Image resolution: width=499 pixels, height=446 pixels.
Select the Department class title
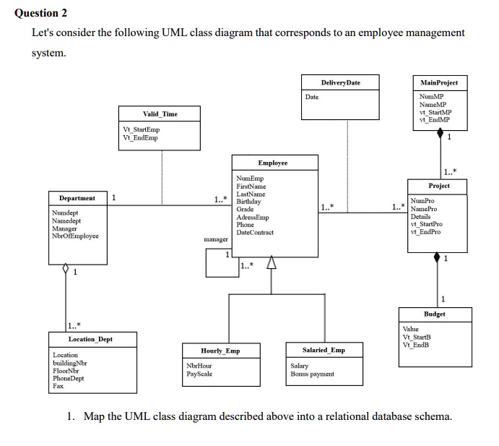coord(71,198)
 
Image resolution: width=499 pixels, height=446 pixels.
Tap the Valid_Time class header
coord(160,114)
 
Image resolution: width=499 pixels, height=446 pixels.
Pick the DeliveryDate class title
coord(340,83)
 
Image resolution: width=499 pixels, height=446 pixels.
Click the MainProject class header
coord(439,83)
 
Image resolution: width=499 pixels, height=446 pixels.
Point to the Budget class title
coord(435,314)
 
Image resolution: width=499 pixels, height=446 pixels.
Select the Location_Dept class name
coord(90,339)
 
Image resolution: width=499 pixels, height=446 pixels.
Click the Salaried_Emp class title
coord(323,350)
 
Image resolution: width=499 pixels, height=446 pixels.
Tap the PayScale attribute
coord(199,374)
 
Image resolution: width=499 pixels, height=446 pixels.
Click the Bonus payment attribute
coord(312,374)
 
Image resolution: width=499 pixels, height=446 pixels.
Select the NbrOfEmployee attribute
coord(76,236)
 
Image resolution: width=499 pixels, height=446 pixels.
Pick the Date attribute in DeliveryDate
coord(312,96)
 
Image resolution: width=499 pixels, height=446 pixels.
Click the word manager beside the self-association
coord(216,239)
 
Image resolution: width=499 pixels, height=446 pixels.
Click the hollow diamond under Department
coord(66,269)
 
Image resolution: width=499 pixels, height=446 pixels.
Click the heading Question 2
coord(41,13)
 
